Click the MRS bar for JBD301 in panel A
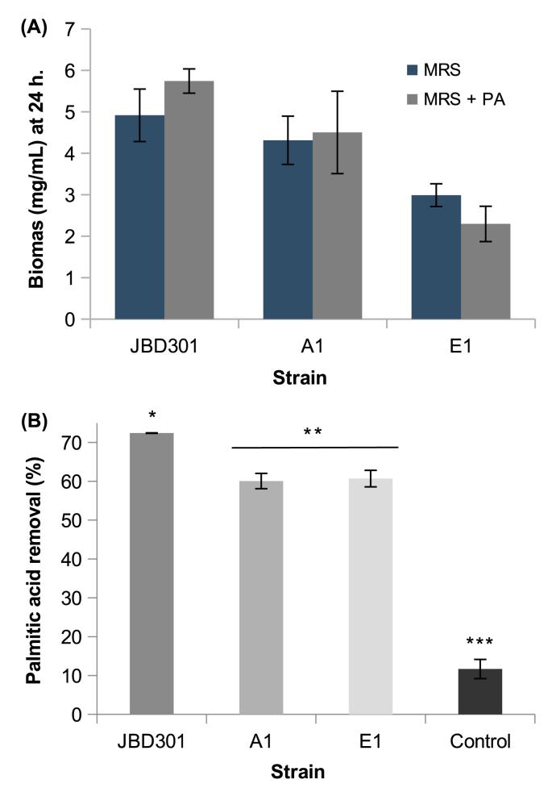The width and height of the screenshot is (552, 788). pyautogui.click(x=139, y=218)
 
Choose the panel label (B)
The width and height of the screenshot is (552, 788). pyautogui.click(x=31, y=419)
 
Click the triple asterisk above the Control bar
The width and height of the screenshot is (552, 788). pyautogui.click(x=480, y=643)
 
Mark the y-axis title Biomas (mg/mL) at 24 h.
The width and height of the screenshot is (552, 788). pyautogui.click(x=37, y=173)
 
